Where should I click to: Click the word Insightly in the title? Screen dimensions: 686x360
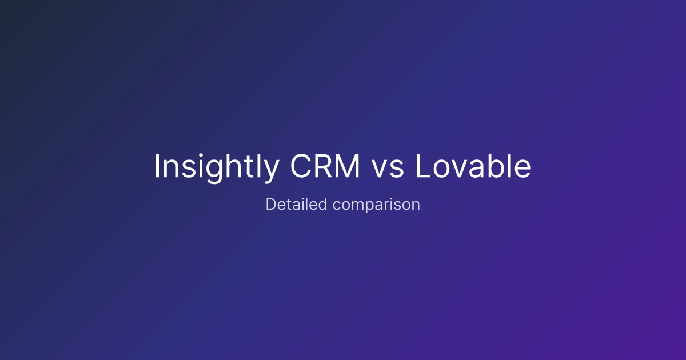click(217, 167)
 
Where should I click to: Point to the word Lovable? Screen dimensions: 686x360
click(473, 166)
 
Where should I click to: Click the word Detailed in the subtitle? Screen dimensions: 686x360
click(297, 204)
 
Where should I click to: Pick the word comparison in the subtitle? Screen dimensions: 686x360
click(376, 205)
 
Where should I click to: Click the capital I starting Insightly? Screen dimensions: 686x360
click(157, 166)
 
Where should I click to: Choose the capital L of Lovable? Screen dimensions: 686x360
click(423, 166)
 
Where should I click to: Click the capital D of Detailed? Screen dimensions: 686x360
click(272, 204)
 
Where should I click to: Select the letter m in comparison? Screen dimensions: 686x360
click(360, 206)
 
